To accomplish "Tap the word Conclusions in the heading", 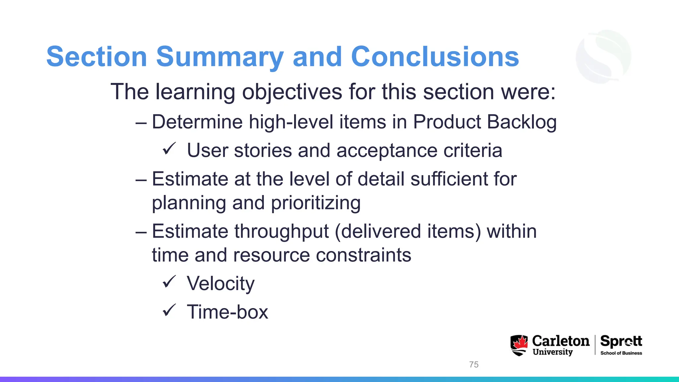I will (x=435, y=57).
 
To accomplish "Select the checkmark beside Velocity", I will (x=169, y=282).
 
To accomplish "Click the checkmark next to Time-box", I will (x=169, y=311).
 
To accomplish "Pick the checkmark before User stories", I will (x=169, y=149).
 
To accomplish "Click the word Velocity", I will (x=220, y=284).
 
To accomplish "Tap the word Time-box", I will (x=227, y=312).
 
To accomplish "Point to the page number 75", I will (x=474, y=364).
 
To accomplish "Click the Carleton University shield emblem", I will (x=519, y=345).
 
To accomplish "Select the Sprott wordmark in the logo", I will (x=621, y=341).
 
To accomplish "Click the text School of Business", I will (x=621, y=353).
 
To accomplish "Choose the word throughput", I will (x=282, y=231).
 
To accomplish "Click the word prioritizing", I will (x=316, y=203).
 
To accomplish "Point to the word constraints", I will (x=363, y=255).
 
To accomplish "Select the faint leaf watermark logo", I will (x=603, y=56).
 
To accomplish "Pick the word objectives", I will (x=292, y=92).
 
